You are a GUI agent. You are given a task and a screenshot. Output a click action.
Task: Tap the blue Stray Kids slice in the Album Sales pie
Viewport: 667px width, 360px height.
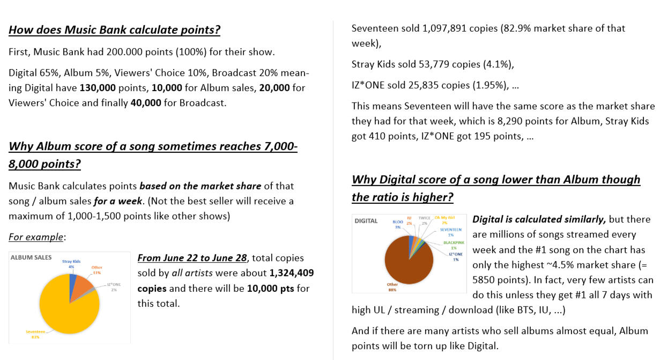coord(72,281)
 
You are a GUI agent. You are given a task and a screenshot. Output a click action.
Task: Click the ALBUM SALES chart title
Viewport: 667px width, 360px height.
coord(31,257)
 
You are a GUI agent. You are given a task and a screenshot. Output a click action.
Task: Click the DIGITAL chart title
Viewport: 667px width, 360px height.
coord(366,221)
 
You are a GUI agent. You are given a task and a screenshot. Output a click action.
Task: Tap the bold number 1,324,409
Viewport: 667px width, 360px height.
coord(292,273)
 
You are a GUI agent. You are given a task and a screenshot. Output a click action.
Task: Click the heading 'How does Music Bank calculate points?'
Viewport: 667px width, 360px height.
coord(114,30)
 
